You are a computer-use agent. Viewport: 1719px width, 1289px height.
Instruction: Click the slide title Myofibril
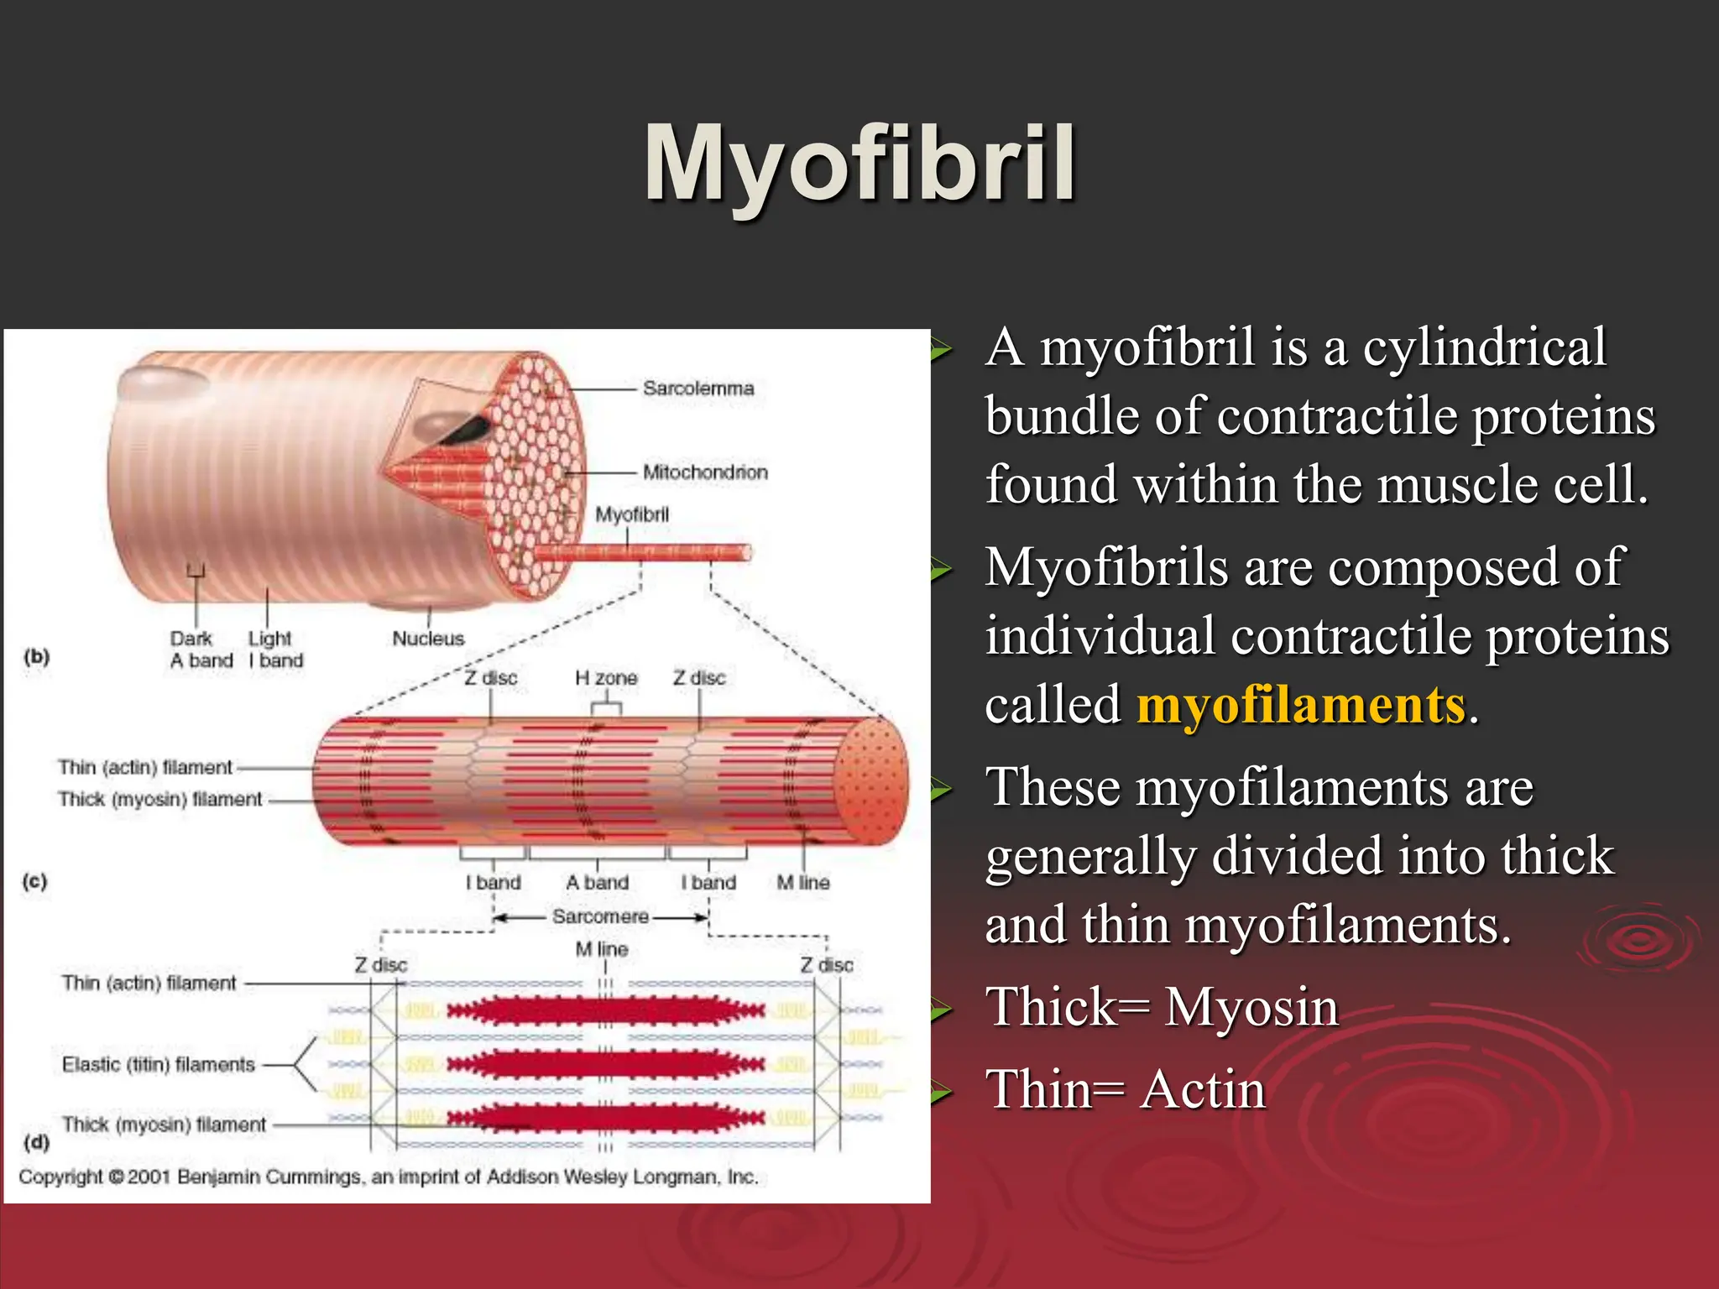coord(859,164)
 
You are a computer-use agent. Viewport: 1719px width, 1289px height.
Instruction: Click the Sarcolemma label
coord(698,389)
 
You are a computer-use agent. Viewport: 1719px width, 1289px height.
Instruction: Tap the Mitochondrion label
coord(705,472)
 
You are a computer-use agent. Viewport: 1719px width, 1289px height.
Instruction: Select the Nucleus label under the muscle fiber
coord(428,639)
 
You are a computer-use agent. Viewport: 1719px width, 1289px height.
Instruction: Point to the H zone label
coord(606,678)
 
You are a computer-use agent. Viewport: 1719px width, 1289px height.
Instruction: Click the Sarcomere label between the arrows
coord(600,916)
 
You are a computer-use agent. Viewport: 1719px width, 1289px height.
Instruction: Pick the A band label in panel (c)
coord(597,883)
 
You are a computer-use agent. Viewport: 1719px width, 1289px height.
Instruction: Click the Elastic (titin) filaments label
coord(158,1065)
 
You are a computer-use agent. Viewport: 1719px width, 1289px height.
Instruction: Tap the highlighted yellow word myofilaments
coord(1301,705)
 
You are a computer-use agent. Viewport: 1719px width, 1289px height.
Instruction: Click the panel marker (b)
coord(37,656)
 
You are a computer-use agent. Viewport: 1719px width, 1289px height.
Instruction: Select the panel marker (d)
coord(37,1142)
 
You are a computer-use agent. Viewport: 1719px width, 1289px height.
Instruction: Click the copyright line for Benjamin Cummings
coord(388,1177)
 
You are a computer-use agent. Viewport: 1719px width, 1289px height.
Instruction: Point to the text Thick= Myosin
coord(1162,1007)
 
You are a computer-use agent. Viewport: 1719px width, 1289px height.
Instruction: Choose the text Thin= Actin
coord(1125,1090)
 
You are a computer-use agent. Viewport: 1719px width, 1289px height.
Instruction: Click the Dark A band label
coord(201,650)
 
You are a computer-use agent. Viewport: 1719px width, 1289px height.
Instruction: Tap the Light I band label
coord(275,650)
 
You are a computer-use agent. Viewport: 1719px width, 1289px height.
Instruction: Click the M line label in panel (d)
coord(602,949)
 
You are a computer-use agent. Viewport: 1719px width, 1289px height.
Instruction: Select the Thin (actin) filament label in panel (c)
coord(145,768)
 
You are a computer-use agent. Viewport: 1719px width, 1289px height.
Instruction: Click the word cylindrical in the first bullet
coord(1484,347)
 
